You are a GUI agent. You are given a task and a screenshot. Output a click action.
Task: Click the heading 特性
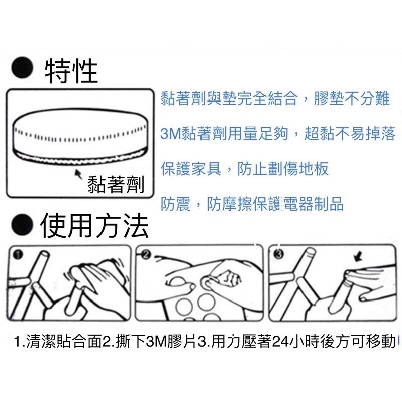pyautogui.click(x=71, y=71)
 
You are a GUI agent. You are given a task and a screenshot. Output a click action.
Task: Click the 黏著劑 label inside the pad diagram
pyautogui.click(x=115, y=185)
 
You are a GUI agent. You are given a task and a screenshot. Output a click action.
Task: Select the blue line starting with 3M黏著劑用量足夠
pyautogui.click(x=277, y=134)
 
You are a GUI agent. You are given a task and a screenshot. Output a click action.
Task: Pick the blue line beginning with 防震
pyautogui.click(x=252, y=204)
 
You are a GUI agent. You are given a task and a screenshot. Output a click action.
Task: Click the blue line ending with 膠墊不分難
pyautogui.click(x=275, y=98)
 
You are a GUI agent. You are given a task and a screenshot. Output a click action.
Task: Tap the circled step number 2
pyautogui.click(x=147, y=255)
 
